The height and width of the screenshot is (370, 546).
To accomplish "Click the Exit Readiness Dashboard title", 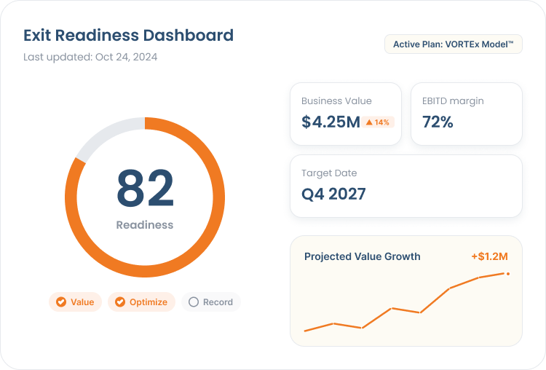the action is (128, 36).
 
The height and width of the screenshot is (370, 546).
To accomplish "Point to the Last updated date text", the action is (90, 57).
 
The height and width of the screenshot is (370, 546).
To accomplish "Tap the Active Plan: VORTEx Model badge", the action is (454, 44).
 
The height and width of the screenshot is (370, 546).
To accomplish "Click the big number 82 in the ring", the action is (145, 188).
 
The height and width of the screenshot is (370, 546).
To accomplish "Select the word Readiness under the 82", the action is (145, 225).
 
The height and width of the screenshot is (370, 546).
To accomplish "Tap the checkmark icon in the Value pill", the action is (61, 302).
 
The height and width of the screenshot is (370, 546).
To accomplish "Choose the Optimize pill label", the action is (149, 302).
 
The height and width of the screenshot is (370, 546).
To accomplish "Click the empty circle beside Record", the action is (194, 302).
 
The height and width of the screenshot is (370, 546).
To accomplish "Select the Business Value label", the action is (336, 101).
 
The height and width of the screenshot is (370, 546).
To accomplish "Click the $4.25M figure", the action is (331, 122).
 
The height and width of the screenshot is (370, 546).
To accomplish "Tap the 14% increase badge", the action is (378, 122).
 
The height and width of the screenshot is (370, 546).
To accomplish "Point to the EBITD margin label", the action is (453, 101).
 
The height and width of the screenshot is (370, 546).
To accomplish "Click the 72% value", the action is (438, 122).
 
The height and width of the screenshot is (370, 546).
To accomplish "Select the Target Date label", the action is (329, 173).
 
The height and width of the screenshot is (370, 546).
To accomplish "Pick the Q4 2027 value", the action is (333, 194).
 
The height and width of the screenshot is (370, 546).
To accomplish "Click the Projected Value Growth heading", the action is (362, 256).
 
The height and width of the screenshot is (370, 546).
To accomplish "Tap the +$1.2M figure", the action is (490, 256).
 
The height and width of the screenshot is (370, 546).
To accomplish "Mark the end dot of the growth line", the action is (508, 274).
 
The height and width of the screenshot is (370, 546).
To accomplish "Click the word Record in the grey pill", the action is (218, 302).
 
